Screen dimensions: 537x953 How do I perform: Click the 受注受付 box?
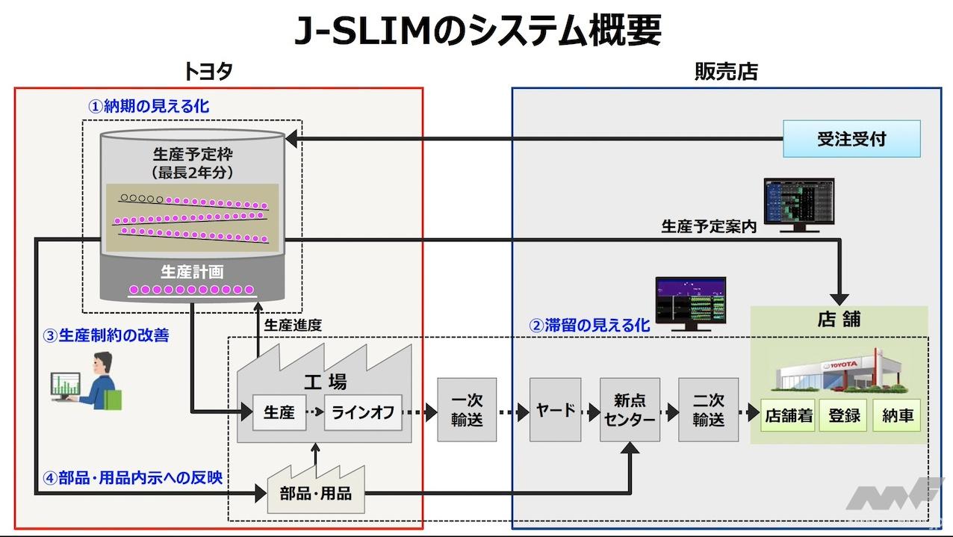click(851, 139)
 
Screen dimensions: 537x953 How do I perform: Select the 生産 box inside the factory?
click(279, 412)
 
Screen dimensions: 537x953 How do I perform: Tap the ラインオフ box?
click(363, 412)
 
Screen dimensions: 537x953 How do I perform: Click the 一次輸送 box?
click(467, 410)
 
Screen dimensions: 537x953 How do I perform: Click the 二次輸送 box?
click(708, 410)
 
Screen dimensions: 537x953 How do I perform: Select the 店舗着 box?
click(788, 416)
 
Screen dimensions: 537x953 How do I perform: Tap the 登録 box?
click(844, 416)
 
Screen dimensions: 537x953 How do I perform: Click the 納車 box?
click(897, 416)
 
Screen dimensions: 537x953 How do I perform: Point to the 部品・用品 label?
click(315, 493)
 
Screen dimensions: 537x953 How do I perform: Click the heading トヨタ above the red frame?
click(208, 71)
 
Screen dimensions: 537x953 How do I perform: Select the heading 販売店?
click(725, 71)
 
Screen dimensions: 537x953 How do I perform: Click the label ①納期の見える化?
click(149, 107)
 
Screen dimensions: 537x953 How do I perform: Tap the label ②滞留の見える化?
click(589, 326)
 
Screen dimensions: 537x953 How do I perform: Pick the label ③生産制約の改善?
click(105, 335)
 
